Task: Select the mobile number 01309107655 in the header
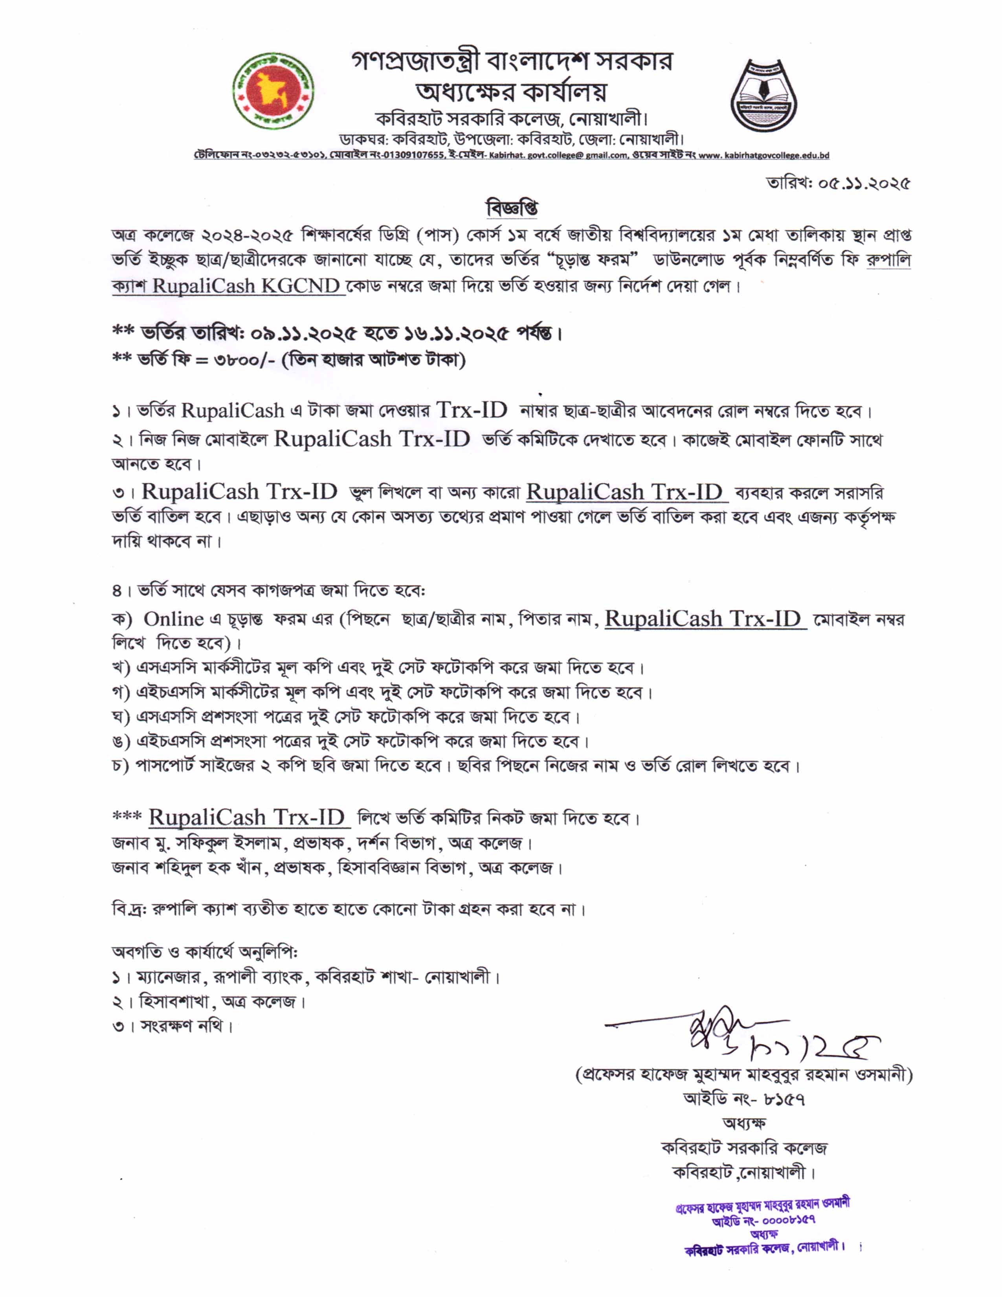click(419, 156)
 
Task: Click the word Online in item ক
click(173, 619)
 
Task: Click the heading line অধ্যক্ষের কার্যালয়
click(512, 92)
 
